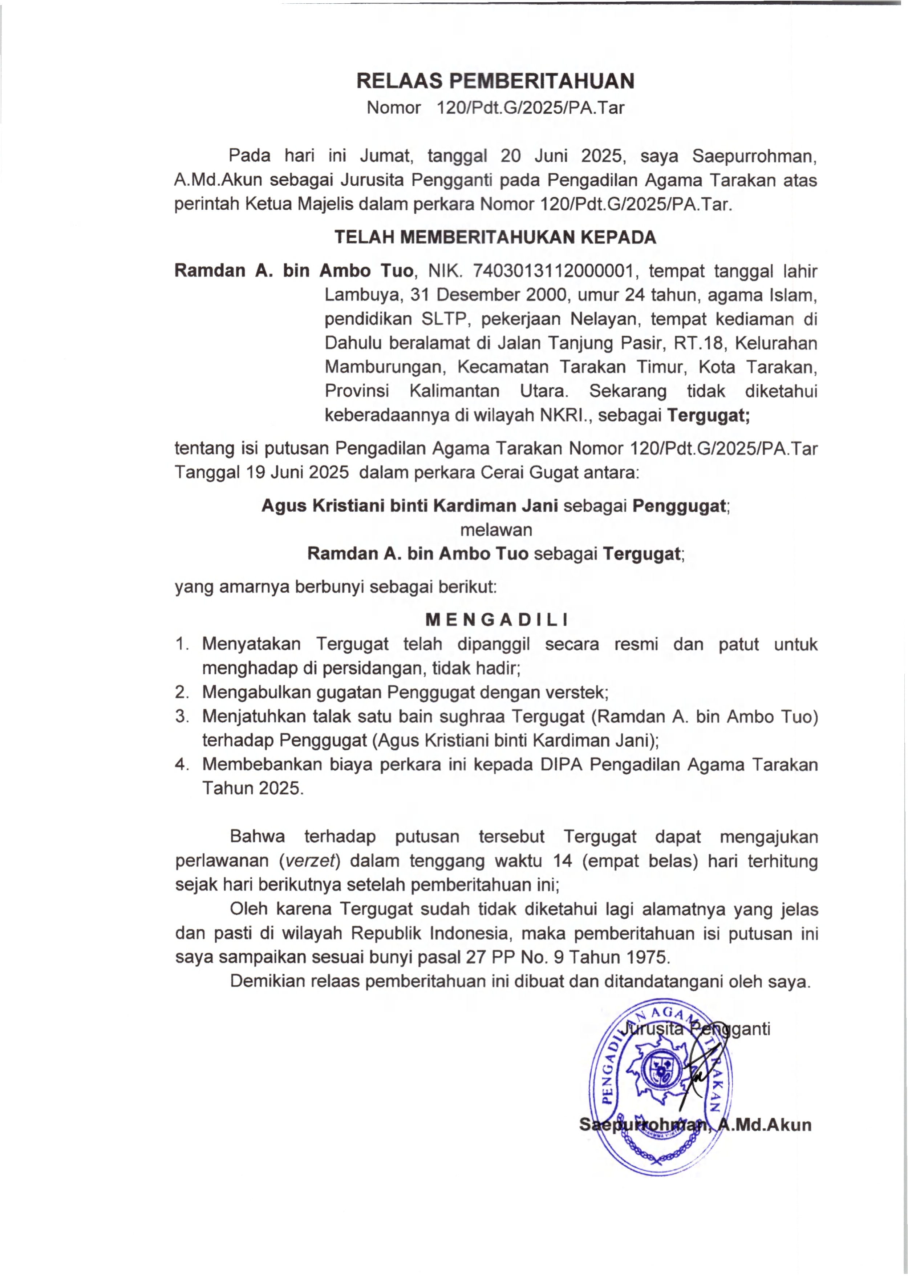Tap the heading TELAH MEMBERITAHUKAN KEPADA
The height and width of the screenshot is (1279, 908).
495,238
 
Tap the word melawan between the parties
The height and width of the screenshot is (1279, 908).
495,530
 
